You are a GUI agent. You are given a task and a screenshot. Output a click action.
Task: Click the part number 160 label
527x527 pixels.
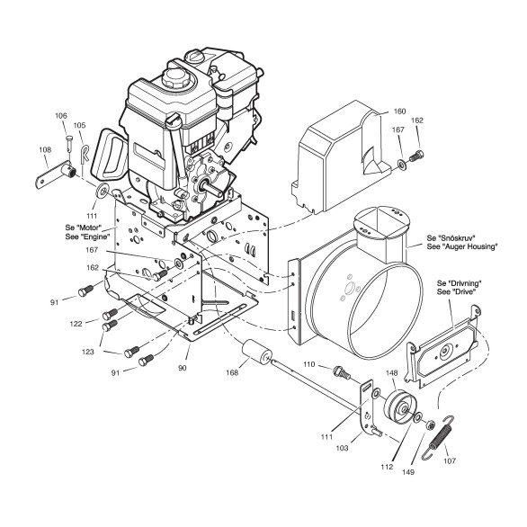399,112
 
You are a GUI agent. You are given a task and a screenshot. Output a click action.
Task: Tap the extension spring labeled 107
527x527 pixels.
437,437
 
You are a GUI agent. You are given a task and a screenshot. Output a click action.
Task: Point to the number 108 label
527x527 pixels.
45,149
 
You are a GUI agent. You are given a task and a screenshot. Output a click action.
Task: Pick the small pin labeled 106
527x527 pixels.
69,143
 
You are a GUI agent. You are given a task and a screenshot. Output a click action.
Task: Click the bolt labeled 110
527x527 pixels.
341,372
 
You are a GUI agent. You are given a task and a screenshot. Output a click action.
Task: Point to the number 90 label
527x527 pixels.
182,368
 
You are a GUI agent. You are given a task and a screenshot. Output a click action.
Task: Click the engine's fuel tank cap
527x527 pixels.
175,76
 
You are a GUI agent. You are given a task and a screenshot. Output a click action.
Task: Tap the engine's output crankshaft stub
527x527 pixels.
210,188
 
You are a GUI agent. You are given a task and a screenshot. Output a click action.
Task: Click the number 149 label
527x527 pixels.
408,472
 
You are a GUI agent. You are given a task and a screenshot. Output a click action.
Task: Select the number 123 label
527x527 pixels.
88,352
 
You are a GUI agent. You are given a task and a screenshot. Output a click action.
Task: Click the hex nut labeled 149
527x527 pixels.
429,425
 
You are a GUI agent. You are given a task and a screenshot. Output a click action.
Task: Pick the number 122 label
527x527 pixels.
76,324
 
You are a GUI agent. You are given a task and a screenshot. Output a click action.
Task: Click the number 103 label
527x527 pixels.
342,448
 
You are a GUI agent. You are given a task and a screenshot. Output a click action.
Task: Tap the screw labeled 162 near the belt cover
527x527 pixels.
416,156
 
